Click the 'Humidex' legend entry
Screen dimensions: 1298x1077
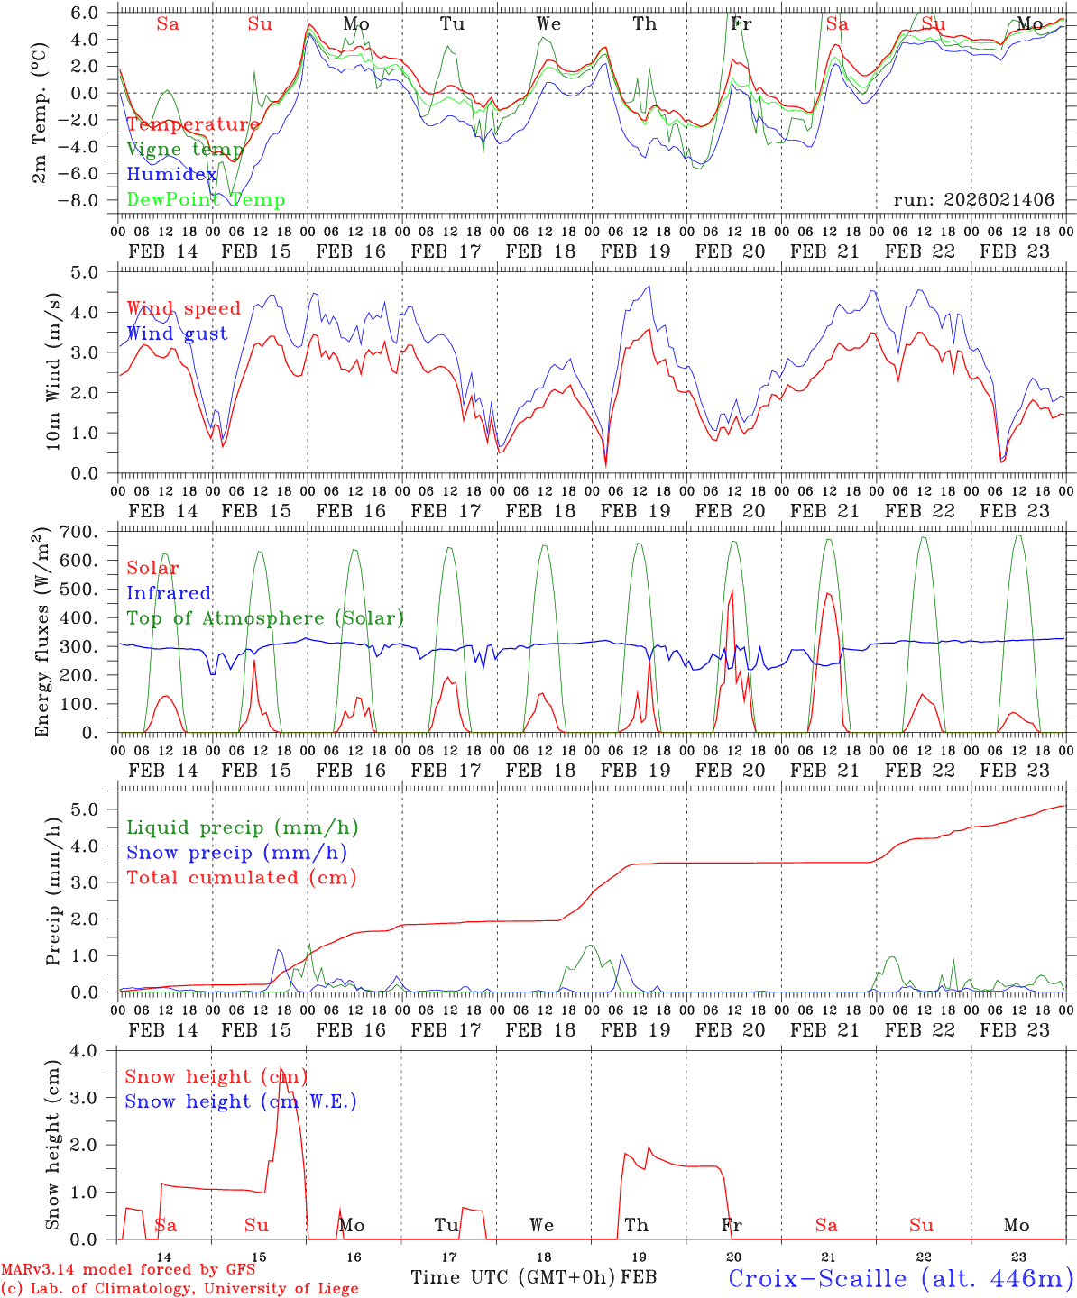pos(171,175)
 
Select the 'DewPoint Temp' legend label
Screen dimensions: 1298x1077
pos(206,200)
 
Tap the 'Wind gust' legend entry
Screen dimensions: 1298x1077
pos(177,334)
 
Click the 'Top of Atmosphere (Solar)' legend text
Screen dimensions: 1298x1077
pos(265,618)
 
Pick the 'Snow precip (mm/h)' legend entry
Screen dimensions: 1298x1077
pos(236,853)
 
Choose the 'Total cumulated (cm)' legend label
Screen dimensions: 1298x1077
pos(241,877)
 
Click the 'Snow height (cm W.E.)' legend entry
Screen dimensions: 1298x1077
pos(241,1101)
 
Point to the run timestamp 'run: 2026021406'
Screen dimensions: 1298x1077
pos(973,200)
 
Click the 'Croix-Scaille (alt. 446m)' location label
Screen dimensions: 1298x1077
pos(900,1278)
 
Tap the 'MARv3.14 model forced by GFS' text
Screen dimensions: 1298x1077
pos(127,1270)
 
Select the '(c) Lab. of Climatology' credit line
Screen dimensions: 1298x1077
pos(179,1289)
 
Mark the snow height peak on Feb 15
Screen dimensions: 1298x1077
pos(281,1068)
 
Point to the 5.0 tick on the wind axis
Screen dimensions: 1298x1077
pos(97,271)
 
